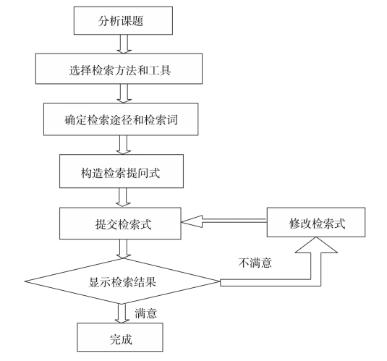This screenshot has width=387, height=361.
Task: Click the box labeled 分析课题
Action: (123, 20)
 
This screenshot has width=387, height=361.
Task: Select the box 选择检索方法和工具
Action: (119, 69)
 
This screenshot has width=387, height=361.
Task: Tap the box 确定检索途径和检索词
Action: (121, 119)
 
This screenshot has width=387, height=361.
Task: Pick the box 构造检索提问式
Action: (122, 171)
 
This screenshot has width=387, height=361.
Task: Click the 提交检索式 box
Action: (120, 224)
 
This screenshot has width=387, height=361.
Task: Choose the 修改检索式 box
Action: (316, 222)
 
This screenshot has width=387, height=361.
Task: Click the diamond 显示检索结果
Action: (122, 281)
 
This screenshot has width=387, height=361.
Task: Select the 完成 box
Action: (120, 337)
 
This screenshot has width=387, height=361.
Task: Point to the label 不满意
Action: (255, 263)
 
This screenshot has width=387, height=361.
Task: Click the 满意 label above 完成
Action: (146, 313)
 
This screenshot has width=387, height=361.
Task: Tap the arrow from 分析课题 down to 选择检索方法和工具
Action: (124, 44)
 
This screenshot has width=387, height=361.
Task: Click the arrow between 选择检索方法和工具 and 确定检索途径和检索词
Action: (124, 93)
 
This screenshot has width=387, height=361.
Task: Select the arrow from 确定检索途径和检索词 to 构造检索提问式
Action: (124, 145)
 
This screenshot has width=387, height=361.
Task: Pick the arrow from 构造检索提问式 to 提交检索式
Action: (123, 198)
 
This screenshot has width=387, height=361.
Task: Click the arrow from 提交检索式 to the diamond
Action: (124, 249)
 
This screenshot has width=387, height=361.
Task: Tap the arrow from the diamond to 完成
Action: (122, 313)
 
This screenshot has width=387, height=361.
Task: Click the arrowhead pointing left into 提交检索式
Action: (192, 221)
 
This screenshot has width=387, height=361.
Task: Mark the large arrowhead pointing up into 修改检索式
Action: (316, 245)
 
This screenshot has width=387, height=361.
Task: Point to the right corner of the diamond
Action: (220, 281)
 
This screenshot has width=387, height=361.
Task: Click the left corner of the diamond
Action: (25, 281)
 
